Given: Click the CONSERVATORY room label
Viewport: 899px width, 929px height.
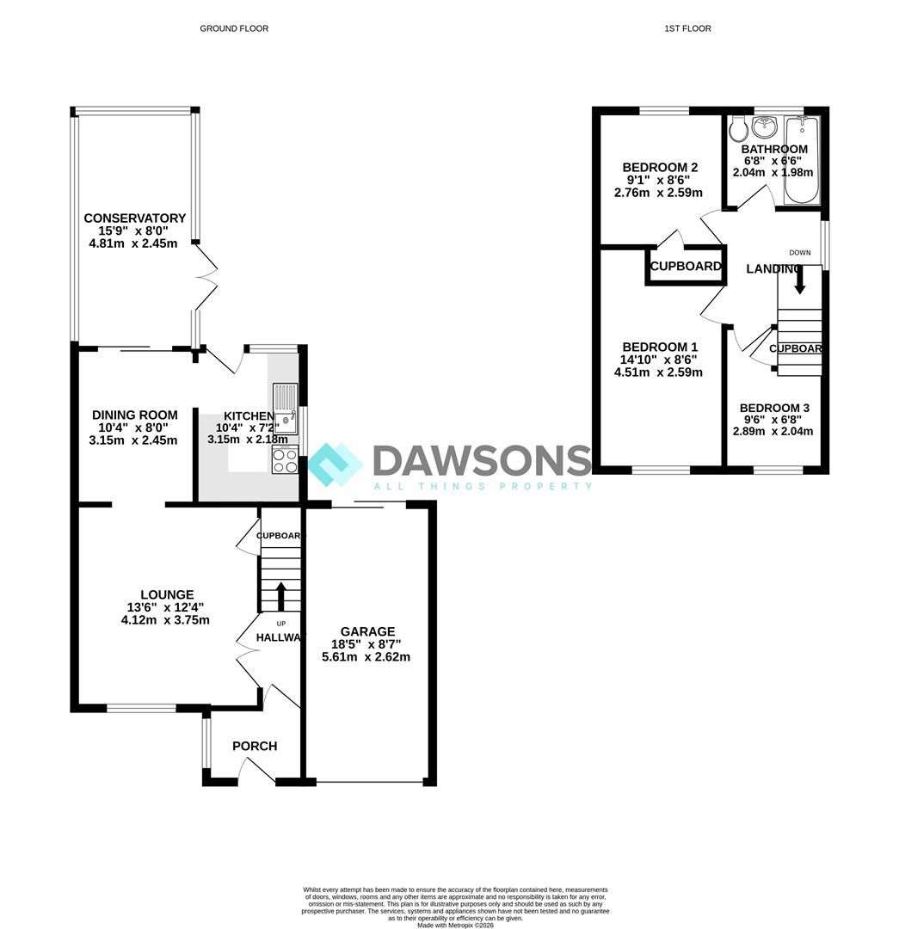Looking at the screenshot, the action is tap(134, 218).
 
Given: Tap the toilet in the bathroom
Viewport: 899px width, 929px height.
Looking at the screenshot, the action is tap(738, 128).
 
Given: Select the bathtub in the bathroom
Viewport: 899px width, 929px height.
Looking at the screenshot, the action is tap(802, 160).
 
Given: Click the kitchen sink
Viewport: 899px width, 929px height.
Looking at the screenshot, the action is tap(286, 409).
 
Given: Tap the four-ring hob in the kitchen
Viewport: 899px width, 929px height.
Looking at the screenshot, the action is tap(285, 460).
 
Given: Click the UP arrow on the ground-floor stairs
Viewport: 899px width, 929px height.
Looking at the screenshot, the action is tap(281, 596).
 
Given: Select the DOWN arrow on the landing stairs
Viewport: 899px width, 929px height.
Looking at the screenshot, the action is tap(799, 279).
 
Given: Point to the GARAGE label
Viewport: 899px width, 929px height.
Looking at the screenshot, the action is tap(367, 631).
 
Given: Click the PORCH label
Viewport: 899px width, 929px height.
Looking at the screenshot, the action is tap(255, 746).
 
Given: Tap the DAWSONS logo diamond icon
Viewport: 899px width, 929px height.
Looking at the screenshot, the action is tap(335, 465).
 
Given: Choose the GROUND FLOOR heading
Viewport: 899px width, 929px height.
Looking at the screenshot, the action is tap(234, 28).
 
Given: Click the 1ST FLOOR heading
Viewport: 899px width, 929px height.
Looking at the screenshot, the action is tap(687, 28).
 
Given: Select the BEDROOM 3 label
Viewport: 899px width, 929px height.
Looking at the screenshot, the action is tap(774, 408).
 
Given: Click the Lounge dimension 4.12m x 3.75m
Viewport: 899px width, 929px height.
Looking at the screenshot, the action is tap(165, 620).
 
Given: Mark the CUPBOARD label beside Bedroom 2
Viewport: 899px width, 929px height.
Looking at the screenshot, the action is tap(686, 266).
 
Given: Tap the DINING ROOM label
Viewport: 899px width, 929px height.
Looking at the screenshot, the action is tap(134, 415).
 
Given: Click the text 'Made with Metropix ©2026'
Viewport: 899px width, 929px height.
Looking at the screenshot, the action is tap(455, 924).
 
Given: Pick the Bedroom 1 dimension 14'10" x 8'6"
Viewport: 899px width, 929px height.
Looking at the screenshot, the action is tap(658, 360).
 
